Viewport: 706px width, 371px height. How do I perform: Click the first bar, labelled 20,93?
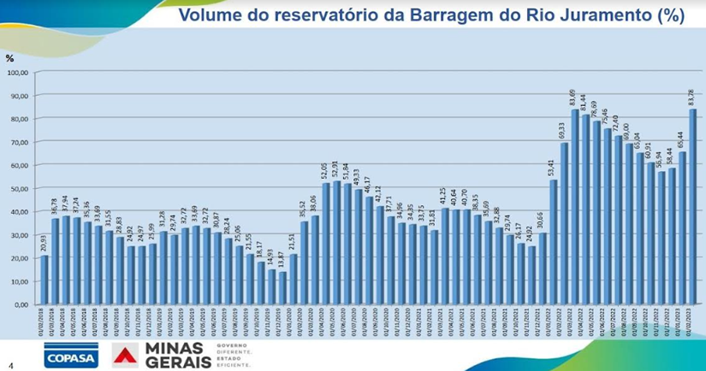coord(44,280)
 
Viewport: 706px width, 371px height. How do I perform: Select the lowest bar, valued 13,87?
coord(282,288)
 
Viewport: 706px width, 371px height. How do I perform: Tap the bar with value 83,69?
coord(575,207)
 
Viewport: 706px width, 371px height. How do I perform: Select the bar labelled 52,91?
coord(336,243)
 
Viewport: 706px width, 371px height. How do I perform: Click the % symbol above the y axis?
coord(10,58)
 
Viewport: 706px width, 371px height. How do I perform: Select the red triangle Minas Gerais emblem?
coord(126,355)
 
